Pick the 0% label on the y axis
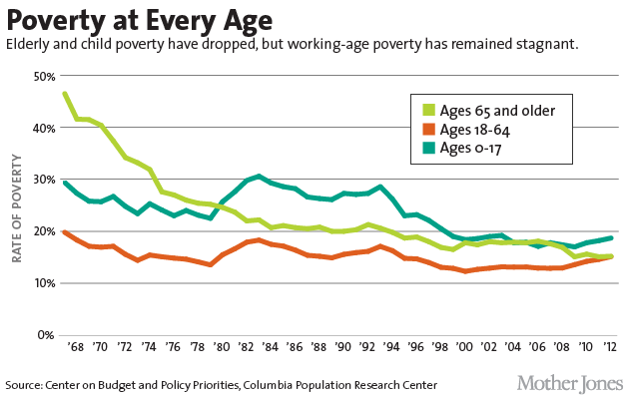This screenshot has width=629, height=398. pos(45,335)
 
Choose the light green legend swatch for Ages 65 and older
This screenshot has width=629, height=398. pos(428,111)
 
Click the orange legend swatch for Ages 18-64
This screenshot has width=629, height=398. pos(428,130)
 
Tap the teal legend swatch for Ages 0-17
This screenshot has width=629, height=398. pos(428,149)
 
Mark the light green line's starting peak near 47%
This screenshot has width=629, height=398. pos(65,94)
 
